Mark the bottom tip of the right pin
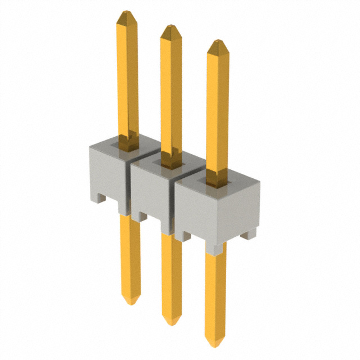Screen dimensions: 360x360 [x=215, y=343]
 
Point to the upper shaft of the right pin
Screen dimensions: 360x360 [x=218, y=112]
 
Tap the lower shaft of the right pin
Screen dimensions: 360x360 [x=215, y=292]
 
